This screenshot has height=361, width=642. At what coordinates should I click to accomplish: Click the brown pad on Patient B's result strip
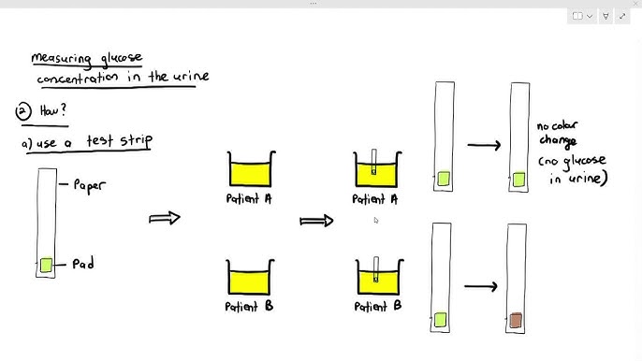[516, 320]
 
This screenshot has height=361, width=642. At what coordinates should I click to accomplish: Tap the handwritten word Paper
[89, 186]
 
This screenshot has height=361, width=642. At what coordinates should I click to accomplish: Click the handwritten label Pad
[83, 263]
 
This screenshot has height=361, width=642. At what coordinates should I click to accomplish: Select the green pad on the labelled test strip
[46, 265]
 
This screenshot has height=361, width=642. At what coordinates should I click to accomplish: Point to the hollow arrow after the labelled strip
[165, 218]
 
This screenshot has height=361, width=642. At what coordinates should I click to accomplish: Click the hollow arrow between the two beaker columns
[316, 221]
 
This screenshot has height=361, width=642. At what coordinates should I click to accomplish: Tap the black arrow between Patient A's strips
[484, 145]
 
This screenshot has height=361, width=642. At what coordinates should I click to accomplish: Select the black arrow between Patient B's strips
[481, 286]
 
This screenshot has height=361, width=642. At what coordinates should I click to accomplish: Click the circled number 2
[23, 111]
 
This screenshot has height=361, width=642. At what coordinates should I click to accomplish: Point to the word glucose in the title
[122, 59]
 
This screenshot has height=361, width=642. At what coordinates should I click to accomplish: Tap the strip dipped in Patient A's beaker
[373, 162]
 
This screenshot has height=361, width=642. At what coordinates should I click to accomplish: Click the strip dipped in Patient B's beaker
[376, 269]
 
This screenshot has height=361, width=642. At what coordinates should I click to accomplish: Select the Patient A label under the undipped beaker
[249, 198]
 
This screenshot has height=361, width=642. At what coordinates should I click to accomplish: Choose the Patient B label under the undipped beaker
[249, 306]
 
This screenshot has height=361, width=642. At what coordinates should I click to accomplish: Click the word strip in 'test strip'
[137, 141]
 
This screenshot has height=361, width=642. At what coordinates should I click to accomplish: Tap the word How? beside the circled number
[52, 110]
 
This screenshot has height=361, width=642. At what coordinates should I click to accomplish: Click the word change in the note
[558, 141]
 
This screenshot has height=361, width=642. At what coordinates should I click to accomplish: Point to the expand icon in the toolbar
[622, 16]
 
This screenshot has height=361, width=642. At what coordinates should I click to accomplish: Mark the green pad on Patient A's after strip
[518, 180]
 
